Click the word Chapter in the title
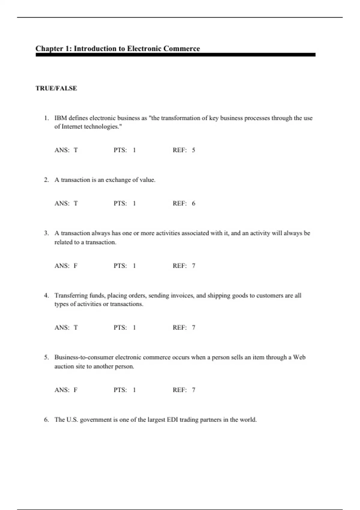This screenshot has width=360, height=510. (49, 49)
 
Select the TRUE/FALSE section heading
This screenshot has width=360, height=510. (56, 88)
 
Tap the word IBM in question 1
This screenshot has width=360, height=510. (60, 118)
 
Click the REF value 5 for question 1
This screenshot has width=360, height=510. (193, 150)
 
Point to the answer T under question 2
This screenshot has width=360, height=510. (76, 203)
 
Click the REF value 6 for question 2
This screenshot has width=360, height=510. (193, 203)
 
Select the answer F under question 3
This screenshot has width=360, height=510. (76, 266)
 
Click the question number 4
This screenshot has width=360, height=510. (46, 295)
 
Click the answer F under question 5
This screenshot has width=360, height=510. (76, 390)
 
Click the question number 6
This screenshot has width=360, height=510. (46, 420)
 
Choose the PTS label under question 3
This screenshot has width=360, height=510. (120, 266)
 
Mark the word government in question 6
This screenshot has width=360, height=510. (96, 420)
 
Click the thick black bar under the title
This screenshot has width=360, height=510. (175, 55)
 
